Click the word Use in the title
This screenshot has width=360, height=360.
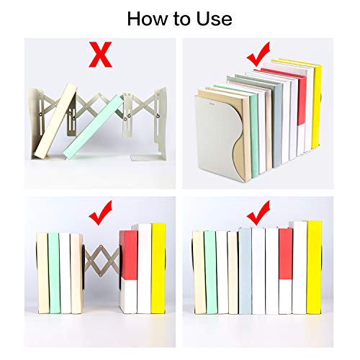(x=215, y=19)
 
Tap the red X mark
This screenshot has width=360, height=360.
(x=100, y=54)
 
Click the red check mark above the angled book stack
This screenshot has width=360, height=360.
(x=258, y=54)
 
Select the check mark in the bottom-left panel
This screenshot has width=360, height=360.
(x=100, y=212)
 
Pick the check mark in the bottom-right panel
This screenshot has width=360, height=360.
(x=258, y=212)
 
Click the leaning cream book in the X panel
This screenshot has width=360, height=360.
(x=56, y=121)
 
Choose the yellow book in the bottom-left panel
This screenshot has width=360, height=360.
(x=158, y=269)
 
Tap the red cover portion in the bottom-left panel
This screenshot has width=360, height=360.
(x=129, y=254)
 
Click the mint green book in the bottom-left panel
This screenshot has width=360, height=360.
(x=54, y=273)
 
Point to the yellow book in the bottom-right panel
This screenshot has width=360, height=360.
(x=314, y=267)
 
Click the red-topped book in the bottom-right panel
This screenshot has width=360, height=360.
(x=286, y=271)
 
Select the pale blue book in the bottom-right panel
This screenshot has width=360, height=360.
(x=245, y=271)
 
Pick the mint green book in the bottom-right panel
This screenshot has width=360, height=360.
(x=210, y=272)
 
